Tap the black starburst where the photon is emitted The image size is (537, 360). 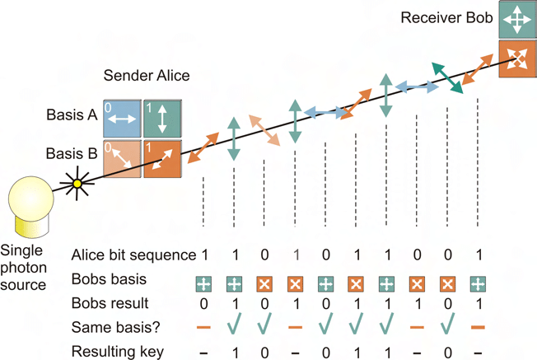[x=79, y=184]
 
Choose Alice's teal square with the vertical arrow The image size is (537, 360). [x=161, y=118]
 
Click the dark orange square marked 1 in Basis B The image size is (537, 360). [x=161, y=157]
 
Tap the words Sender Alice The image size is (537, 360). [x=147, y=76]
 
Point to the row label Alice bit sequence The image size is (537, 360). [x=133, y=255]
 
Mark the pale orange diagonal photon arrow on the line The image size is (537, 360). [x=264, y=130]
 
